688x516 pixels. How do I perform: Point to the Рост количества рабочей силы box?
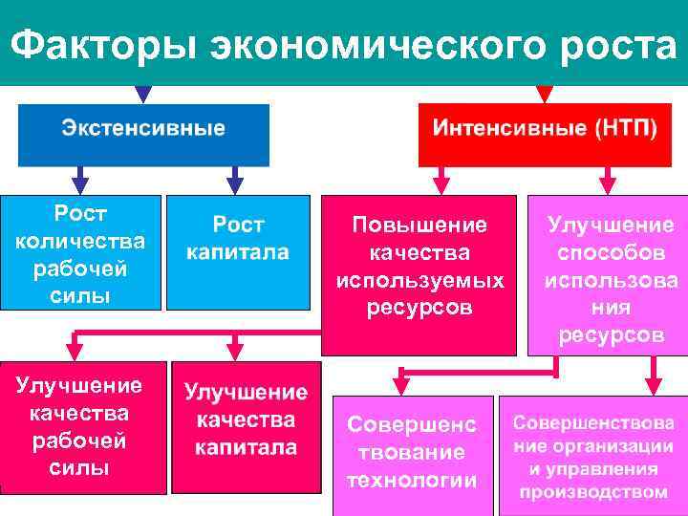[80, 252]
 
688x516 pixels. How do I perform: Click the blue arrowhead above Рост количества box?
[80, 183]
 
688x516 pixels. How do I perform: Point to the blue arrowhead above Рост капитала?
[235, 183]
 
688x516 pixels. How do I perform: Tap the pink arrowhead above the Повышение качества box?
[441, 183]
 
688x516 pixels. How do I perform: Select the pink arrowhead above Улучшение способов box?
[608, 183]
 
